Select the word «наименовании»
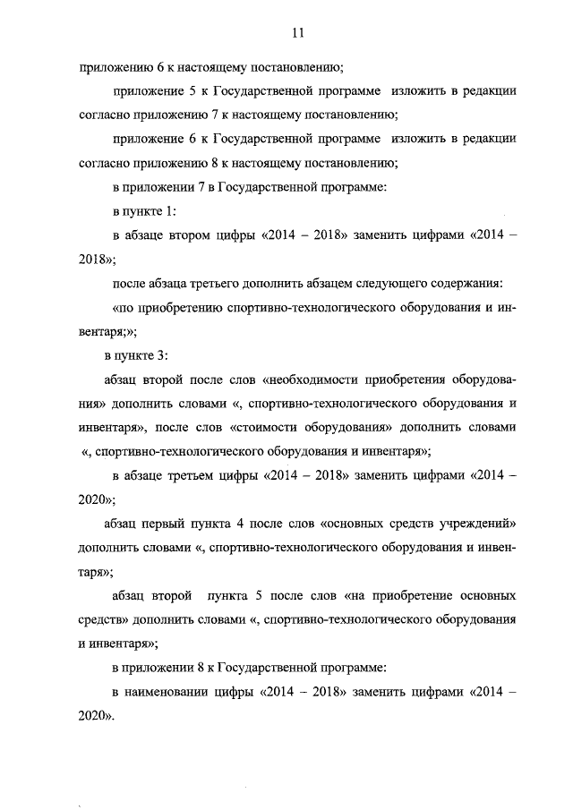(x=178, y=692)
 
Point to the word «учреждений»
(x=481, y=522)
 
